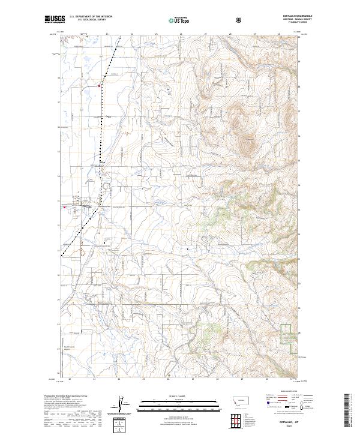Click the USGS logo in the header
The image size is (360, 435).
pos(55,20)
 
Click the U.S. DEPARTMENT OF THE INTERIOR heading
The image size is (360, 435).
pos(90,17)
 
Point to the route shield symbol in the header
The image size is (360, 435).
pos(239,20)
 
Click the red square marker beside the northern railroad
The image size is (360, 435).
pos(100,86)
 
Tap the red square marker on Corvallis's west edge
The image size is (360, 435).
pos(64,208)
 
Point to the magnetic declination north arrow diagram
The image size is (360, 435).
pos(123,405)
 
